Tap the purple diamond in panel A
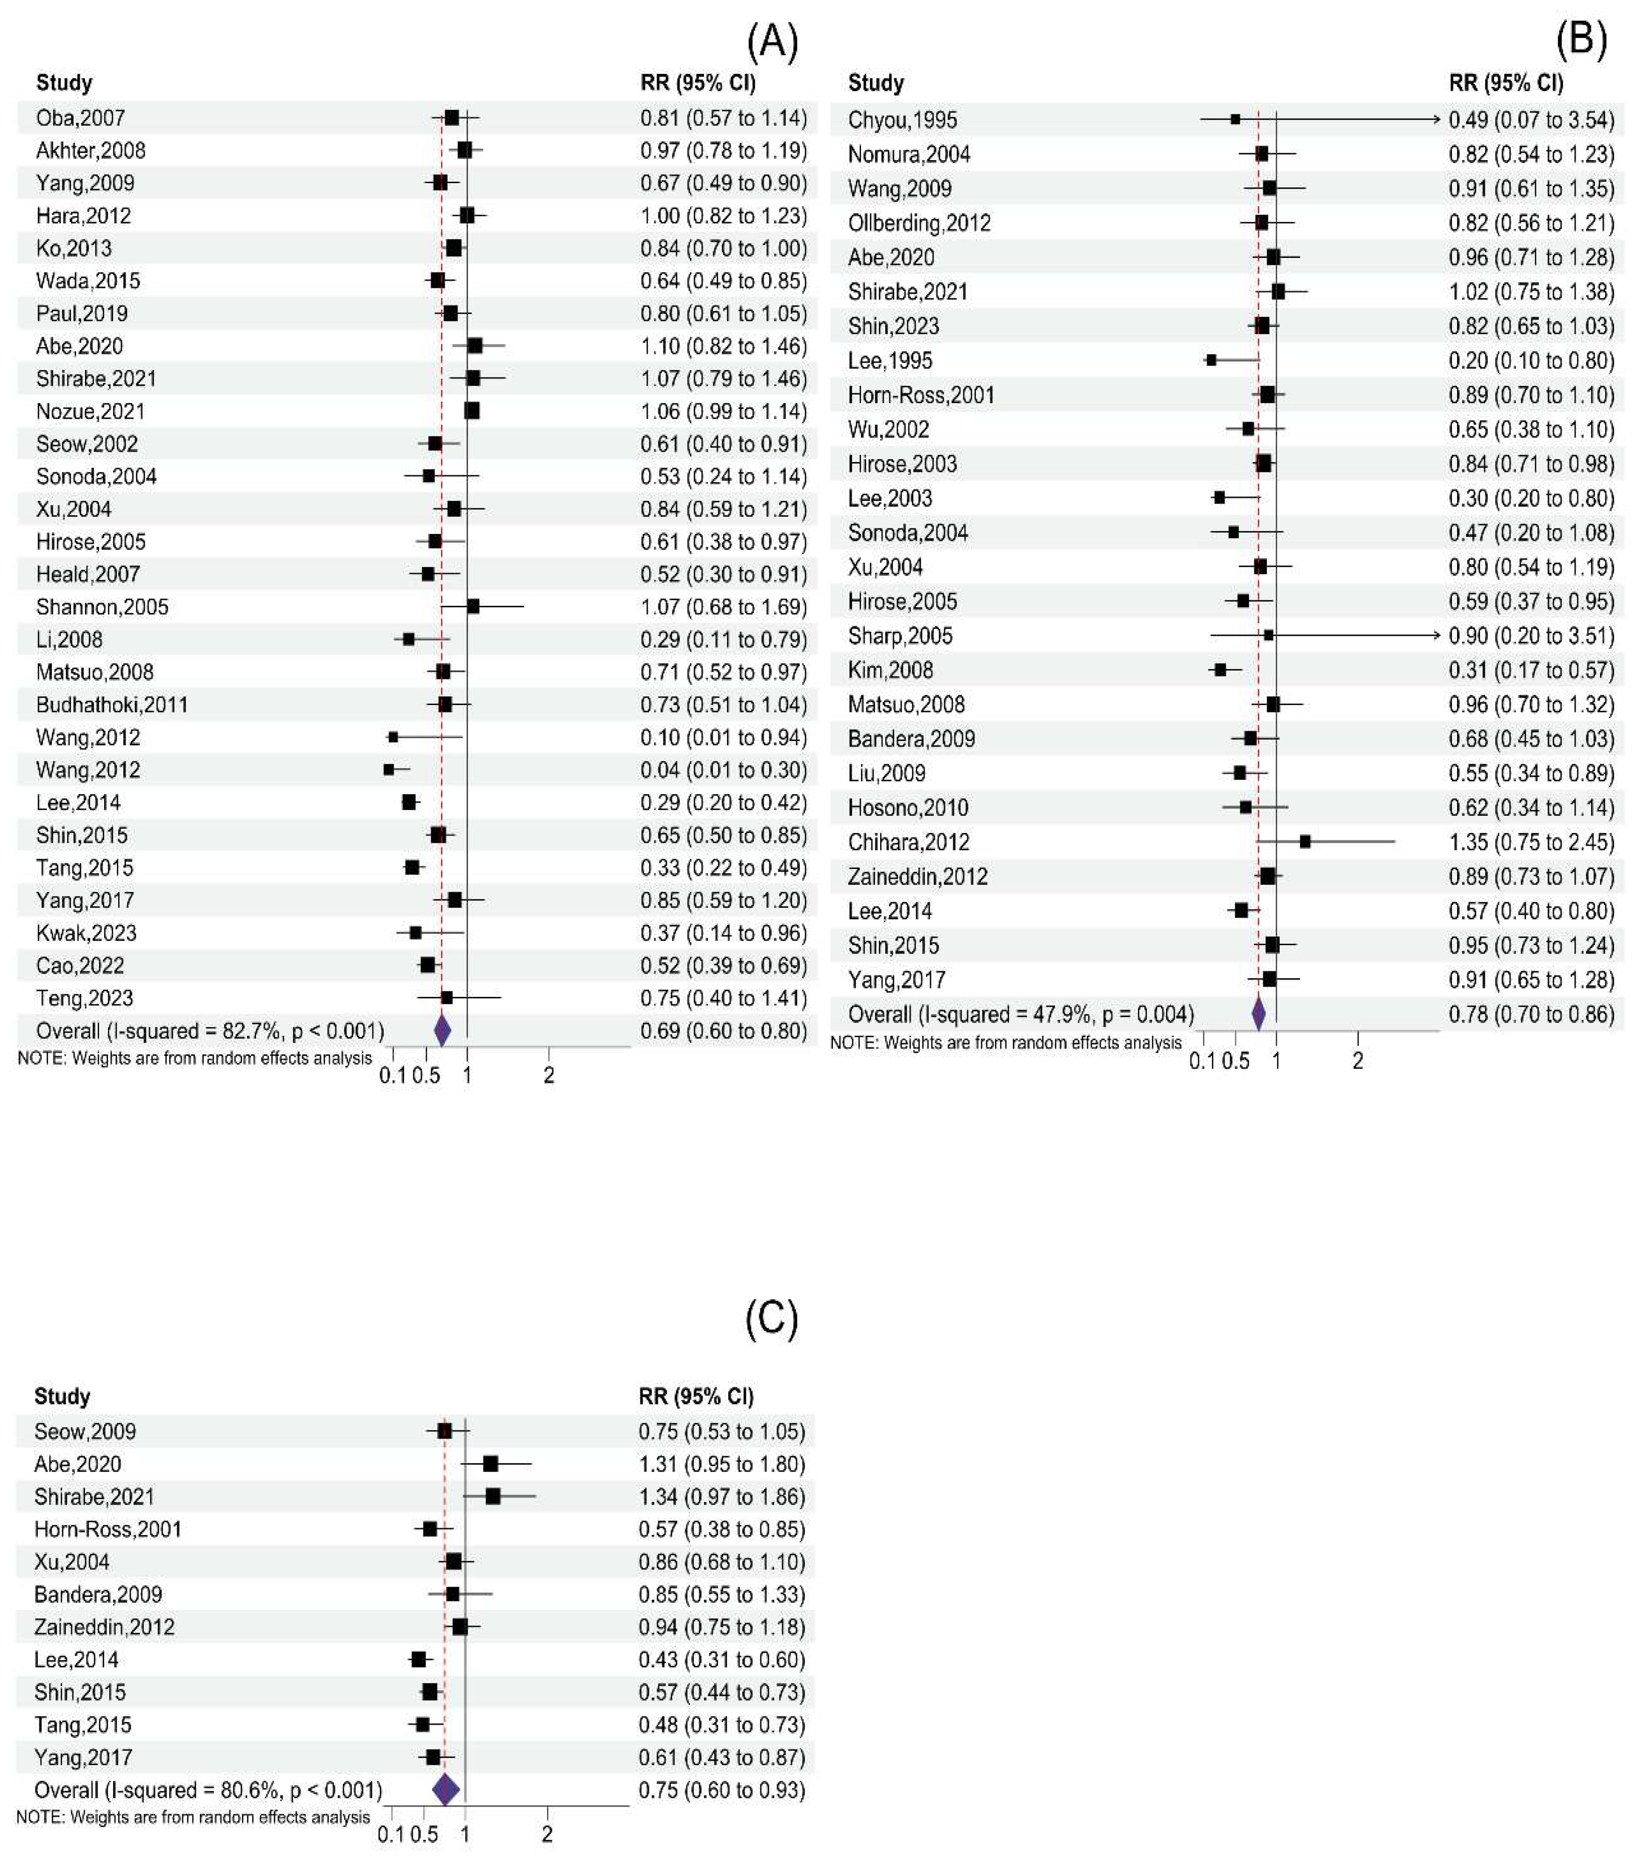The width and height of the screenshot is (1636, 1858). pyautogui.click(x=442, y=1031)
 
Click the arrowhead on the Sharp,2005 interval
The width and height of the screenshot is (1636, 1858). pyautogui.click(x=1437, y=635)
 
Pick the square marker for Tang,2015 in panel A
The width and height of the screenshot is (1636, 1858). pyautogui.click(x=413, y=867)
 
